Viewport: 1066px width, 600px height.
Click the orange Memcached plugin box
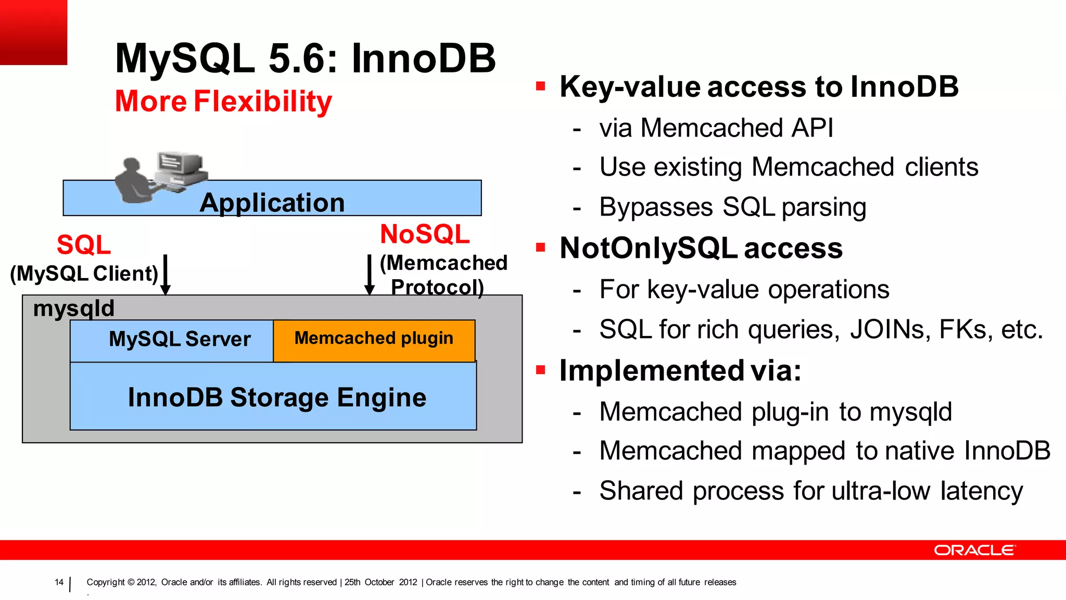[374, 340]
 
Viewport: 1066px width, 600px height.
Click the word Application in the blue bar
[272, 203]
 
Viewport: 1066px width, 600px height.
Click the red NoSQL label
[425, 234]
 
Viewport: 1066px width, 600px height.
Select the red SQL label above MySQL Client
[84, 245]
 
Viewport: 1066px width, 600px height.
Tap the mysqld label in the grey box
[73, 308]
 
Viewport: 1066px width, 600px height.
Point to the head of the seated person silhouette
[131, 165]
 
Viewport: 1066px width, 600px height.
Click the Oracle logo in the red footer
[974, 551]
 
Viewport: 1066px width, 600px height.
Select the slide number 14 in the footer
[59, 582]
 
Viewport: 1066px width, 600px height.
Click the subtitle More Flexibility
[223, 101]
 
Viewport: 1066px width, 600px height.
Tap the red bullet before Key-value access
[540, 86]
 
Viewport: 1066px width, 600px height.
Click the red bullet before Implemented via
[540, 370]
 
